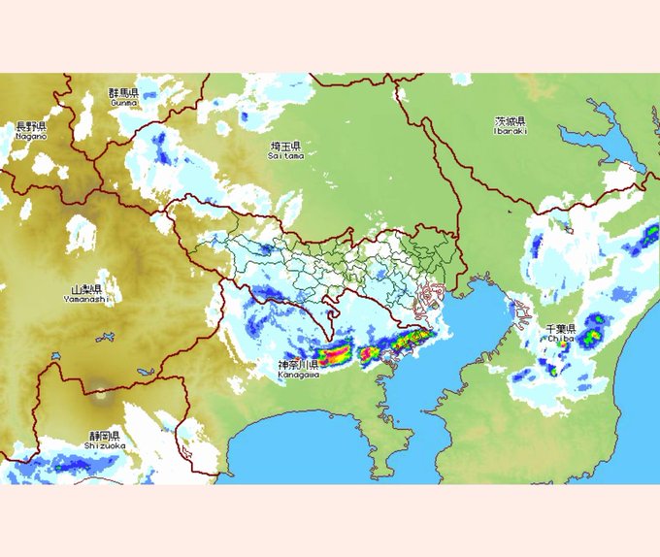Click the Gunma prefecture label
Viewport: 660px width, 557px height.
point(123,96)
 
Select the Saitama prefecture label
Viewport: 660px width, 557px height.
point(286,149)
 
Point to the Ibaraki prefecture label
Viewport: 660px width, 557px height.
point(510,126)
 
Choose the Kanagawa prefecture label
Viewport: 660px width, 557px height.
point(298,368)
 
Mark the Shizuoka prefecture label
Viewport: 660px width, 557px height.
point(102,441)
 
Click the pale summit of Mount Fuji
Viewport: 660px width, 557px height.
point(100,396)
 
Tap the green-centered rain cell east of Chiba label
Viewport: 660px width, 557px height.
point(592,335)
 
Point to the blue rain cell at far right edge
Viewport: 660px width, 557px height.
point(642,238)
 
